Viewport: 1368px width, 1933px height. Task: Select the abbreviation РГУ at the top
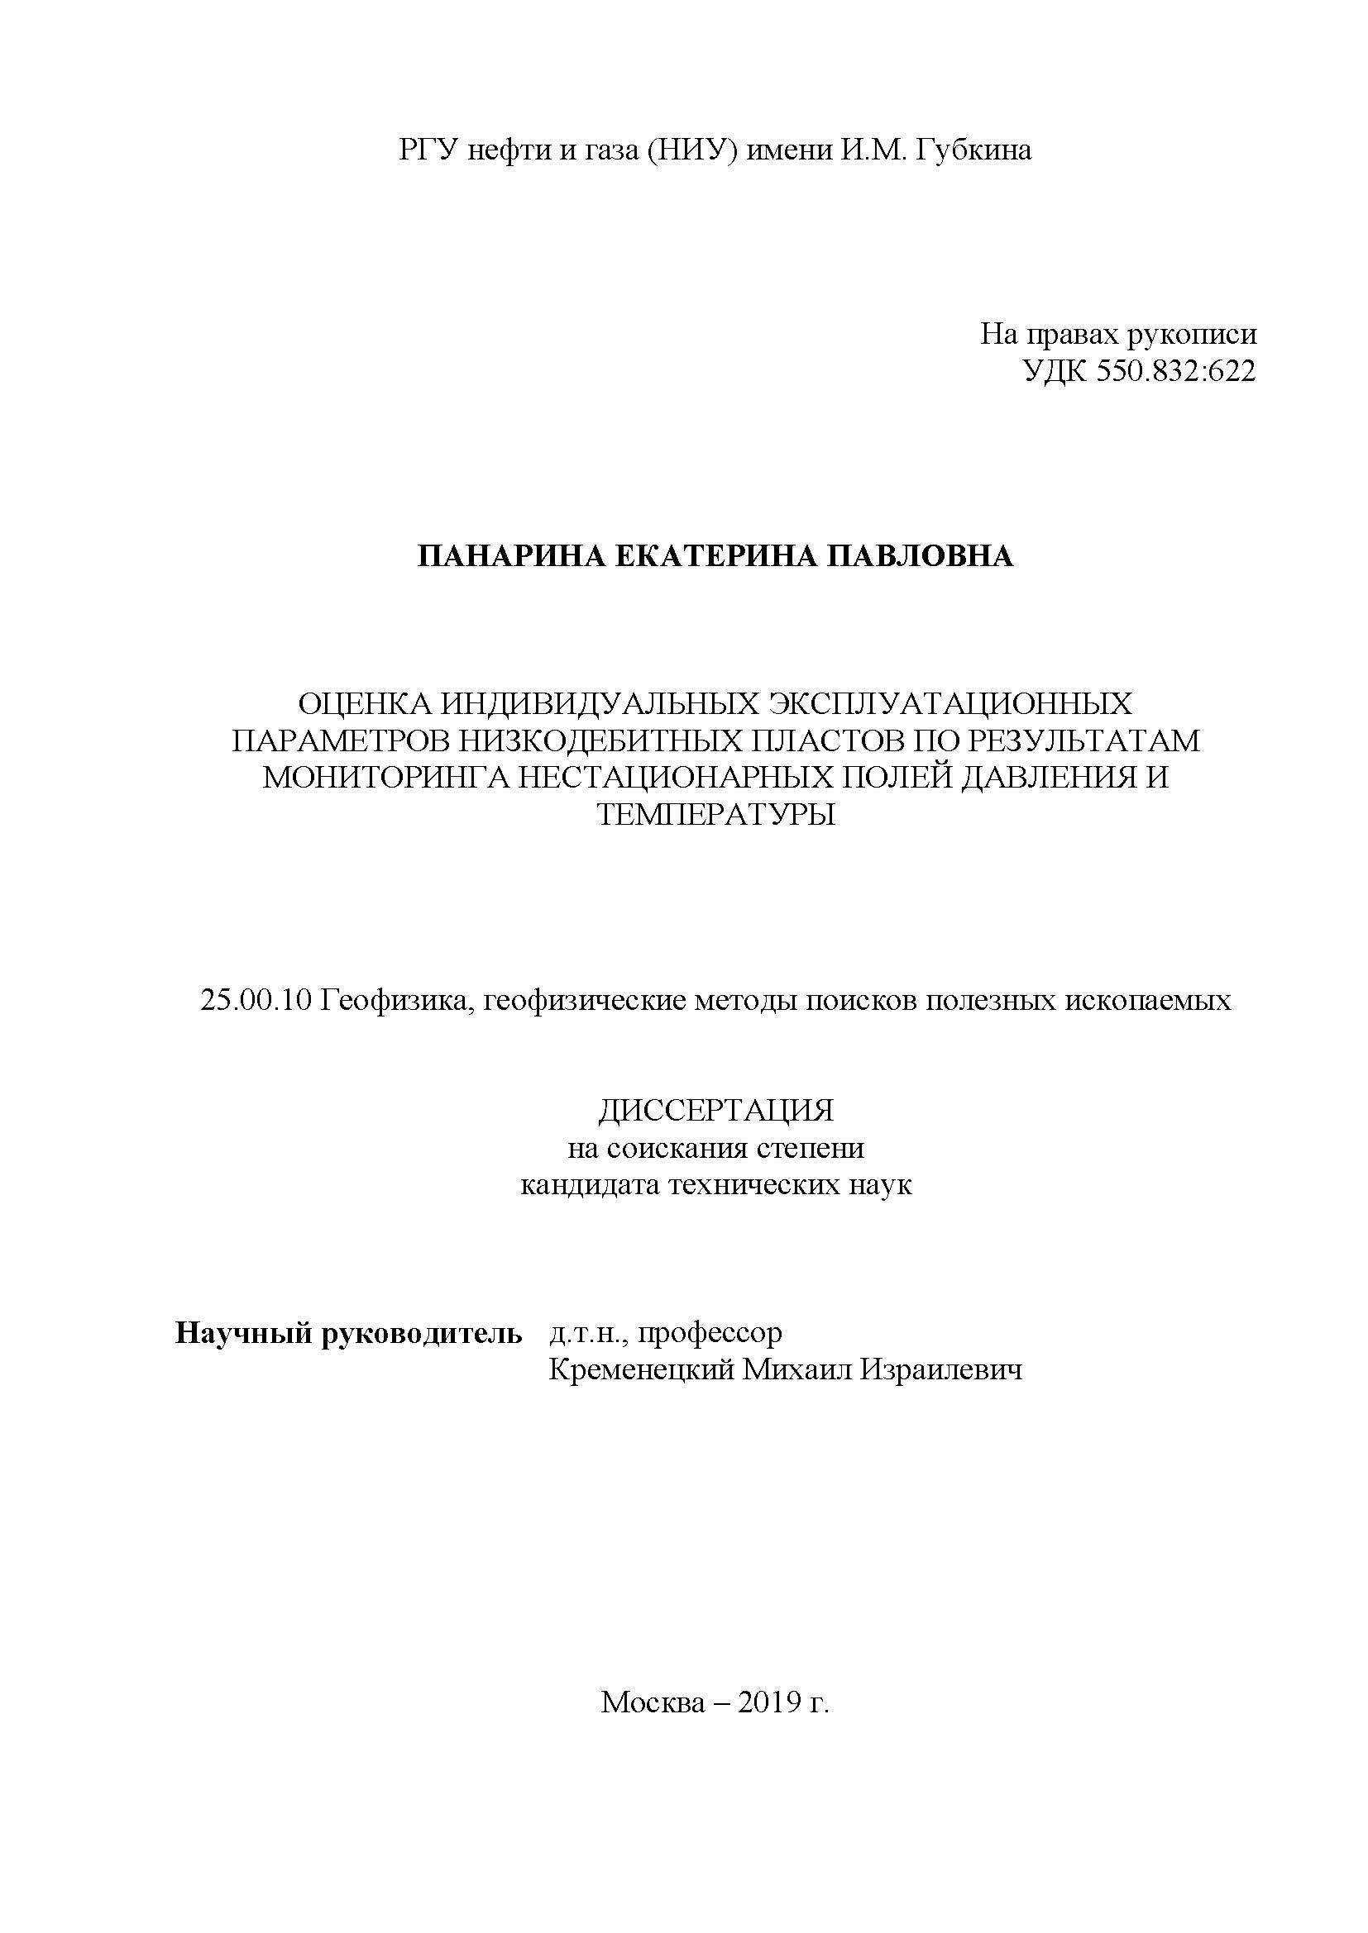[427, 150]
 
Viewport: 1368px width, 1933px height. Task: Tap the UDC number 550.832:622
[1175, 371]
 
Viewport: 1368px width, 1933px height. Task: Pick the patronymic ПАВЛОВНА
[917, 556]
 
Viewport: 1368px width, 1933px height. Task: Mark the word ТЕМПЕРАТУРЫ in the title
[716, 813]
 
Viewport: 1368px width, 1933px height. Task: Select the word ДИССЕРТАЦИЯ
[716, 1111]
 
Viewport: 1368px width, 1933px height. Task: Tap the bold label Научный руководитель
[348, 1333]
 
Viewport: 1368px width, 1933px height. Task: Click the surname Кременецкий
[641, 1369]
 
